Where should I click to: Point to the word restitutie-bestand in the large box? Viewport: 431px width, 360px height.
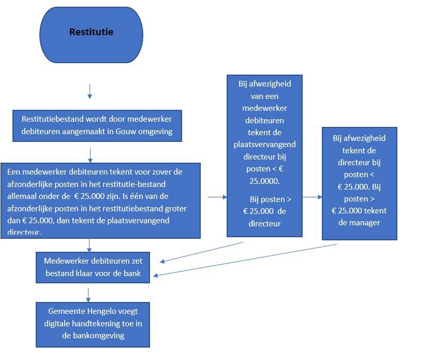[x=140, y=184]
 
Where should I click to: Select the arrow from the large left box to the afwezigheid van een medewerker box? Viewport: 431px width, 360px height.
[x=217, y=197]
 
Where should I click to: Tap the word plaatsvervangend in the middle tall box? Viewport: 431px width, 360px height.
[x=264, y=144]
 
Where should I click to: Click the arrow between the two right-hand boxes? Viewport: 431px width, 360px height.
[x=312, y=197]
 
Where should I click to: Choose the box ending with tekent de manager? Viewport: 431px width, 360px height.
[x=359, y=183]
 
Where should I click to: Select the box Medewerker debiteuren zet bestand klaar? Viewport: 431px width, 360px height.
[x=93, y=267]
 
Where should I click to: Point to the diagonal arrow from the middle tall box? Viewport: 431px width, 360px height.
[x=202, y=252]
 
